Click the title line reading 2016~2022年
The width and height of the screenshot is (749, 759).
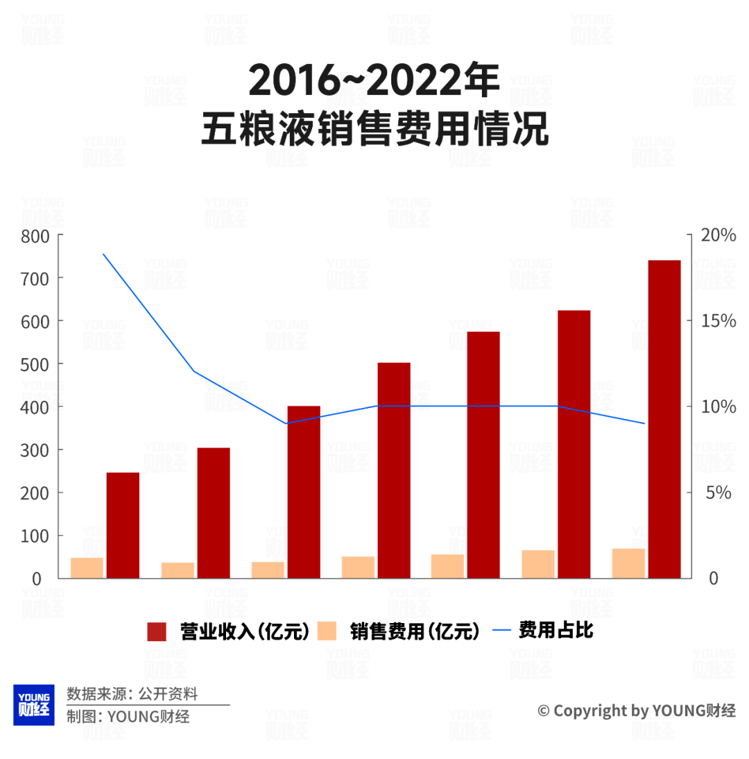[x=374, y=81]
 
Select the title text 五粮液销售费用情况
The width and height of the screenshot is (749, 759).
[x=374, y=129]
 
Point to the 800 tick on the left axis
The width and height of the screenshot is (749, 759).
[x=35, y=235]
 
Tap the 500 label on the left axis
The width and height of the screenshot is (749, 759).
[x=35, y=364]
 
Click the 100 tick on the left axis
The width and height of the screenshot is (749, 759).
[x=35, y=536]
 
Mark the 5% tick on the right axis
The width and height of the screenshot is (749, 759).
[x=718, y=493]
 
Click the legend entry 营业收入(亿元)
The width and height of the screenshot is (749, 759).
[x=229, y=631]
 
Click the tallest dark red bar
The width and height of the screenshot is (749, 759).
[x=664, y=419]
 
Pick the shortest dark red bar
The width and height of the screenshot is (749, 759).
[x=123, y=525]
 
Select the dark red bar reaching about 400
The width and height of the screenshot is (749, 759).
[x=304, y=492]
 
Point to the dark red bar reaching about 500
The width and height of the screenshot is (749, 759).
[x=394, y=470]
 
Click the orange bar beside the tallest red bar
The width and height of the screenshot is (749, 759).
[x=628, y=563]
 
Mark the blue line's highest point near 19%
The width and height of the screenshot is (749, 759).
[x=103, y=254]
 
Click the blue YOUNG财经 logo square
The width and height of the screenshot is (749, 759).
[x=33, y=705]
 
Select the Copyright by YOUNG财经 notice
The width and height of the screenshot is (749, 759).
[x=637, y=710]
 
